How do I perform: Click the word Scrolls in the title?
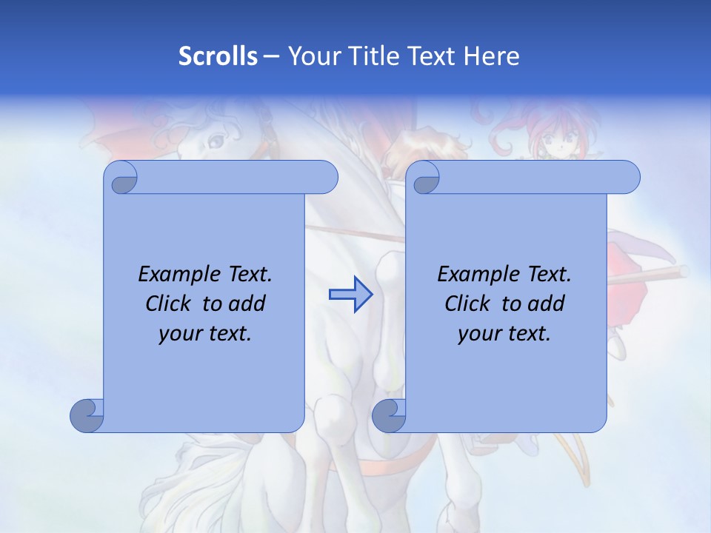218,56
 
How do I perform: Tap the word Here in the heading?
492,56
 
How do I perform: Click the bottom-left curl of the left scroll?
87,415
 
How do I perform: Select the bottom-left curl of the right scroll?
389,415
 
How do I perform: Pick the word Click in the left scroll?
167,304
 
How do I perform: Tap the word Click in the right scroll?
467,304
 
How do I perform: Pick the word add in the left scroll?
248,304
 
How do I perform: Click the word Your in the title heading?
312,56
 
